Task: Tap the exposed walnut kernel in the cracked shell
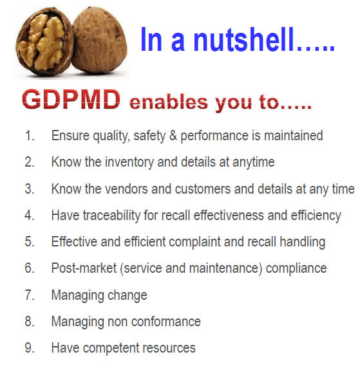click(43, 42)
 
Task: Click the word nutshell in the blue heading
click(244, 39)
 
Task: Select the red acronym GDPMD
click(71, 100)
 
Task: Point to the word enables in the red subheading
click(169, 102)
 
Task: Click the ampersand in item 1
click(173, 136)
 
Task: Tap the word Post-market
click(84, 268)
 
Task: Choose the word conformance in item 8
click(166, 322)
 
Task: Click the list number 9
click(30, 348)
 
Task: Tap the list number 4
click(30, 216)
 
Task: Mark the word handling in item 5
click(303, 242)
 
